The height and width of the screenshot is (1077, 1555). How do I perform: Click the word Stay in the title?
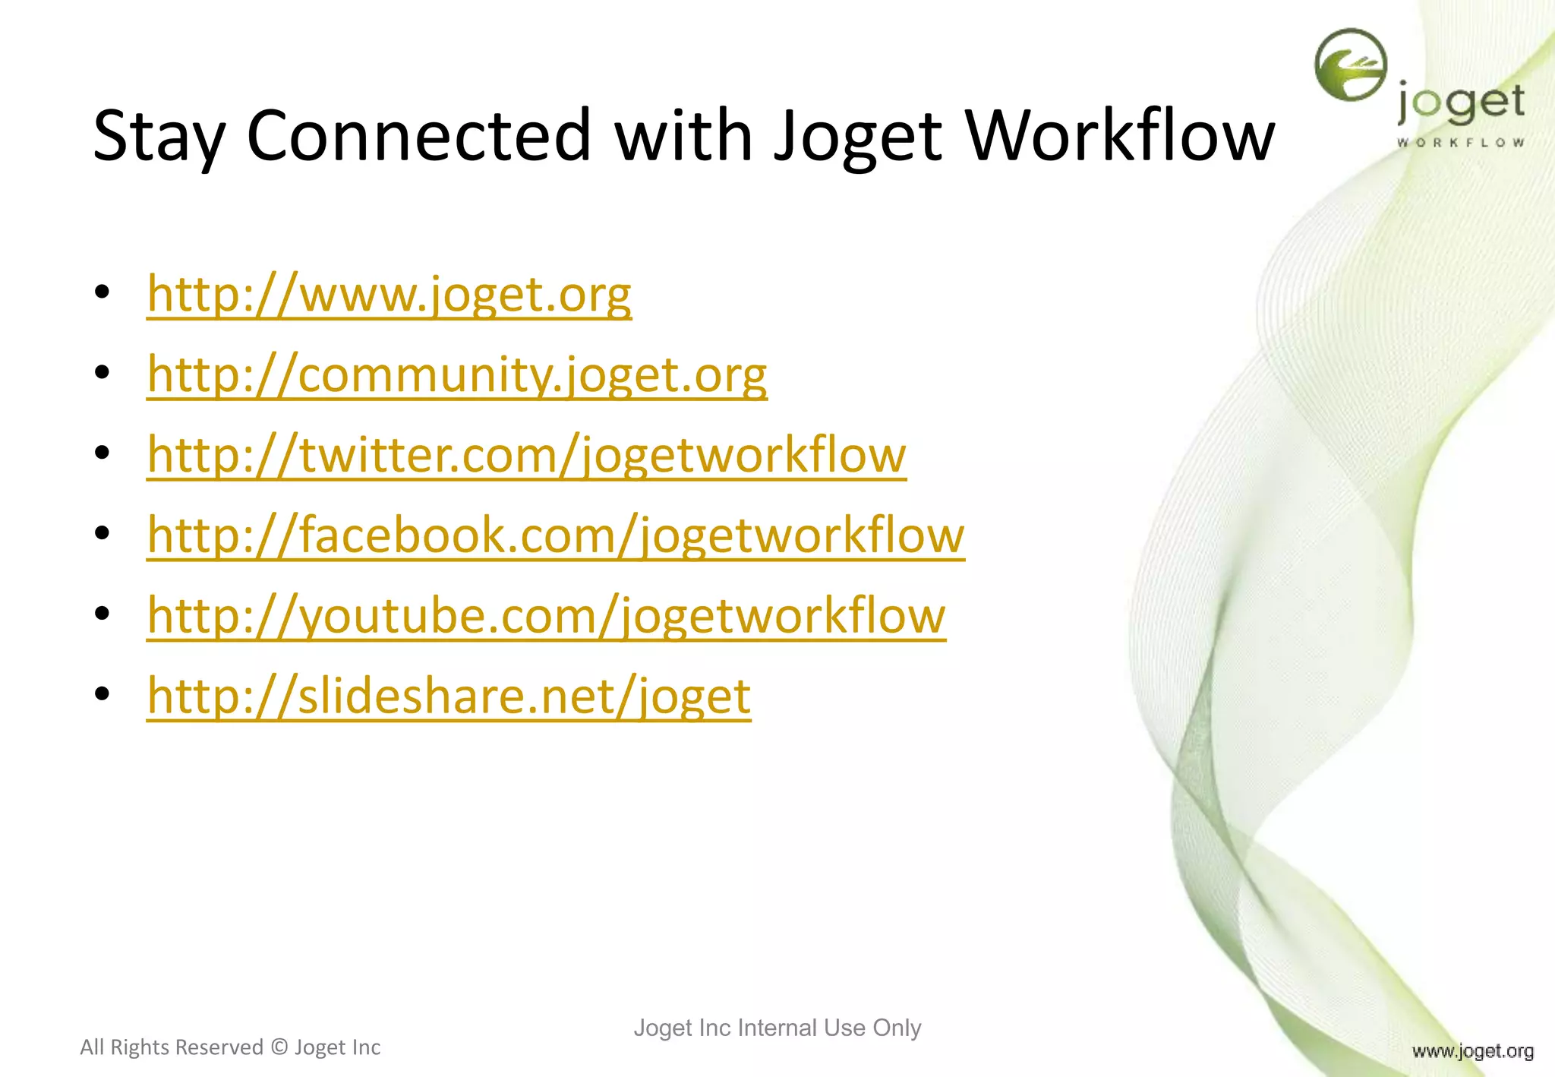point(159,135)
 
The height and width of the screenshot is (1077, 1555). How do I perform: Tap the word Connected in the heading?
point(418,135)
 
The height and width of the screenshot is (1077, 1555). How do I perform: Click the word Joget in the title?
point(858,135)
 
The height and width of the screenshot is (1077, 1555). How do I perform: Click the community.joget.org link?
point(457,375)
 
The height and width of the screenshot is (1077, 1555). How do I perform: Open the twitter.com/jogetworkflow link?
point(526,456)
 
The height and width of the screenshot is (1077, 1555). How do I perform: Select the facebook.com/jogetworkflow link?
point(556,535)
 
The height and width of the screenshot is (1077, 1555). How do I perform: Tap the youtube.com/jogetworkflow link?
point(546,616)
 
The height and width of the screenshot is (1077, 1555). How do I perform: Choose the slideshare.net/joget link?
point(449,696)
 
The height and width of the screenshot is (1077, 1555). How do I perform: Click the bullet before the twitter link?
point(103,453)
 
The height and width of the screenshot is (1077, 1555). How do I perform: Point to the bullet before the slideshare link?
point(103,694)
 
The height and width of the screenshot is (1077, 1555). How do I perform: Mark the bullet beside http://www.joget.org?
point(103,292)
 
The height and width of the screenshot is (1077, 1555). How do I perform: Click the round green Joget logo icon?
point(1351,65)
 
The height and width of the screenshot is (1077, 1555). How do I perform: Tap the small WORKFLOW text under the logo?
point(1460,143)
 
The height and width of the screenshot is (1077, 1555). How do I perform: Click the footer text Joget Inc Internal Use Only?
point(777,1028)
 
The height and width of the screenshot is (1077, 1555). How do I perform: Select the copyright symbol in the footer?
point(279,1047)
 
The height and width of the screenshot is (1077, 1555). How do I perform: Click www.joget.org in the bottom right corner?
point(1472,1051)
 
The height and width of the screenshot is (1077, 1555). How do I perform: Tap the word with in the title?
point(683,135)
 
